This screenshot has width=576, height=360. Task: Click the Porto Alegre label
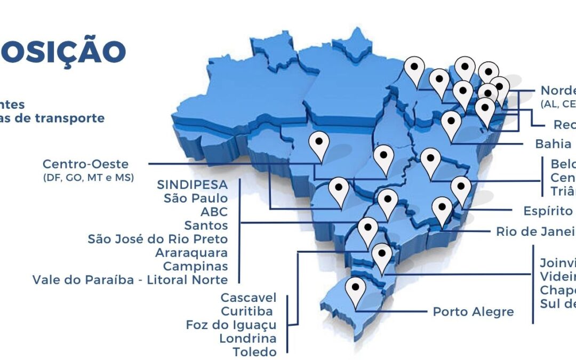(x=473, y=311)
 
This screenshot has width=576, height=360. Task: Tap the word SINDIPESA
(x=192, y=185)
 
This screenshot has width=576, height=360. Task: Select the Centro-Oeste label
(x=85, y=164)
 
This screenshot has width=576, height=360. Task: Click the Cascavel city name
(x=249, y=297)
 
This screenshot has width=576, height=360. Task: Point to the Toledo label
(x=254, y=352)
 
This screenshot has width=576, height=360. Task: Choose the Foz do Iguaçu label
(x=231, y=325)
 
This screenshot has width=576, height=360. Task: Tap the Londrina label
(x=247, y=338)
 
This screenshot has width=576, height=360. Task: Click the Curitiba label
(x=246, y=311)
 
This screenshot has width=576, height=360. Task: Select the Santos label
(x=206, y=226)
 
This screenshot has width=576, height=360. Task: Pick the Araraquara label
(x=191, y=252)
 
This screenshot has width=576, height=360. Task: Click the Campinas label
(x=195, y=266)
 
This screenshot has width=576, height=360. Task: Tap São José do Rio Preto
(x=157, y=239)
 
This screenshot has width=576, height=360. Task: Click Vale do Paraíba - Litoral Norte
(x=130, y=279)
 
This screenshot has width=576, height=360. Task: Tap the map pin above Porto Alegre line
(x=355, y=290)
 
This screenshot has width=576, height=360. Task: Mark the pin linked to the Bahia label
(x=451, y=123)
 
